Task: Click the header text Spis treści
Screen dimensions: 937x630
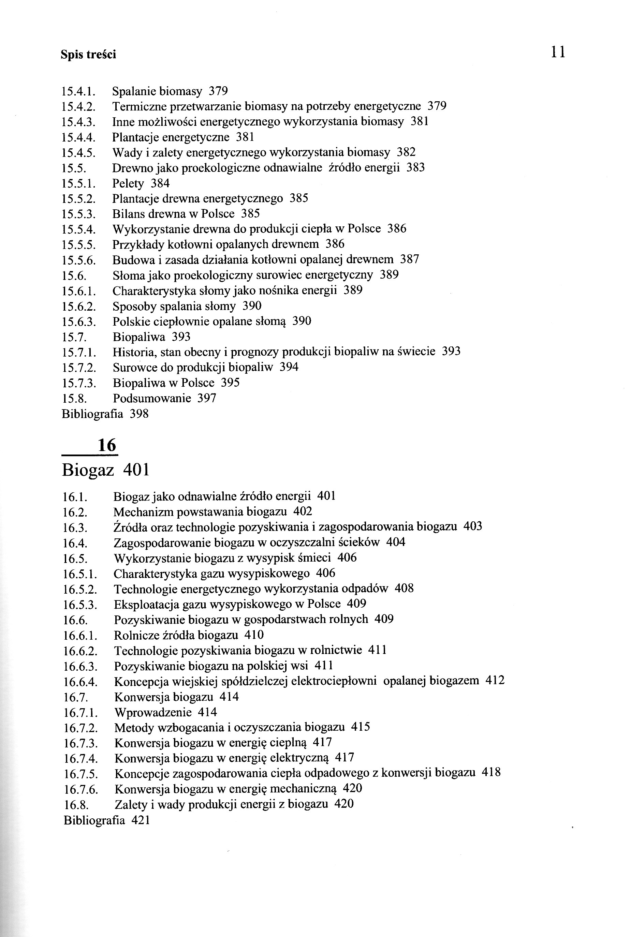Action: [88, 55]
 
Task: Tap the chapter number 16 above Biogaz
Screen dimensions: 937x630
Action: [107, 445]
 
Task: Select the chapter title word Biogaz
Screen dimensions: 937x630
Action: [88, 470]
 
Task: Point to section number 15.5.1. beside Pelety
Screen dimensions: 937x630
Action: [79, 184]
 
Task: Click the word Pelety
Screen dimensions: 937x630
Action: [128, 184]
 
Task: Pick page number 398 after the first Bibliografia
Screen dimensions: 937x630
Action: [139, 414]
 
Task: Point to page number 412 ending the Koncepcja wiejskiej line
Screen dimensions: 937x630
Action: [495, 680]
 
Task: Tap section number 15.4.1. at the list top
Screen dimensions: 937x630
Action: [78, 92]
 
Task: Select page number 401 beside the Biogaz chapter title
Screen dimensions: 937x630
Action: [136, 470]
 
